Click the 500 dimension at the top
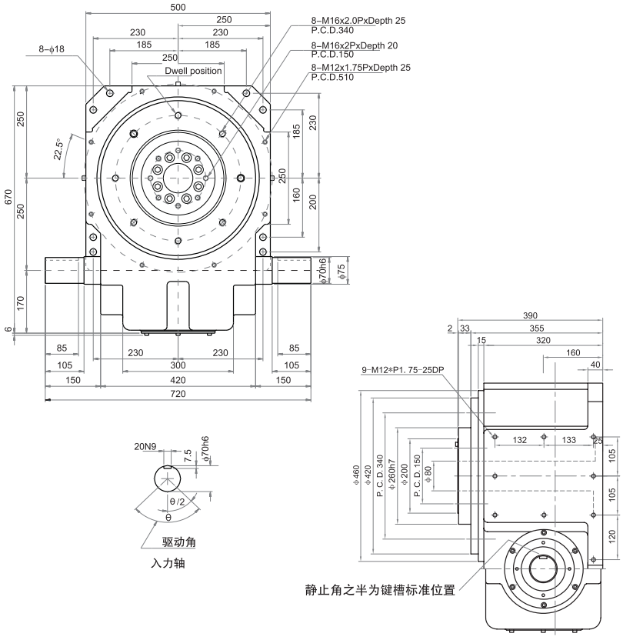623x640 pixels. coord(178,7)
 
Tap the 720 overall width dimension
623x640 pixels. coord(178,394)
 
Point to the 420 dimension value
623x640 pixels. coord(178,380)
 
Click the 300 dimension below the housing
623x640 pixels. coord(178,365)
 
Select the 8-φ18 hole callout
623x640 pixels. coord(53,48)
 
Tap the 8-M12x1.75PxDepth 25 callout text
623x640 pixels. coord(361,68)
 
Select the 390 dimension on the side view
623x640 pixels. coord(528,315)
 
